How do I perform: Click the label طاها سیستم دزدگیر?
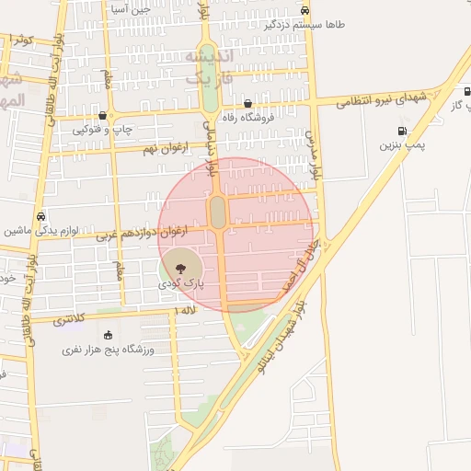[305, 26]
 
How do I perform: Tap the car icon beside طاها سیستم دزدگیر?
[304, 11]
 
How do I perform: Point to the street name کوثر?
[20, 40]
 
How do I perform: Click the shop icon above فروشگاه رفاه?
[235, 103]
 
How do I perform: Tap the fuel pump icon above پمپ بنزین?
[401, 132]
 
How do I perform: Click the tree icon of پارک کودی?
[179, 269]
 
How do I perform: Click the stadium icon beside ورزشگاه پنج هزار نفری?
[109, 335]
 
